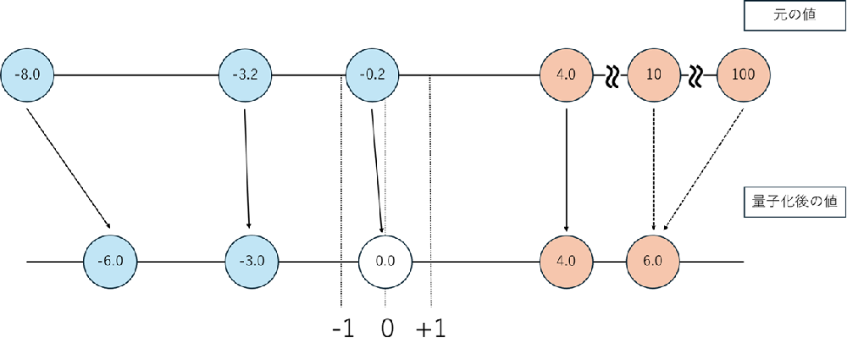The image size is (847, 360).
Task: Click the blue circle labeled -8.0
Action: pyautogui.click(x=28, y=75)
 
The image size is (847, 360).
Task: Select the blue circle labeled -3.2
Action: pyautogui.click(x=245, y=75)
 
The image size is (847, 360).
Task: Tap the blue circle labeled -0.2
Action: pyautogui.click(x=373, y=75)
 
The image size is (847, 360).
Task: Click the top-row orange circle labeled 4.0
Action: pyautogui.click(x=566, y=75)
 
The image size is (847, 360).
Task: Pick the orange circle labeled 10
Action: pyautogui.click(x=653, y=75)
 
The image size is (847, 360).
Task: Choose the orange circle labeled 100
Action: pyautogui.click(x=743, y=75)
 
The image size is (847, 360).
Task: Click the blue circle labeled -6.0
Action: pyautogui.click(x=110, y=260)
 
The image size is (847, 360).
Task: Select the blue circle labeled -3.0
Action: pyautogui.click(x=252, y=260)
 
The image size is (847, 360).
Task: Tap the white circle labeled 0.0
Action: pyautogui.click(x=385, y=260)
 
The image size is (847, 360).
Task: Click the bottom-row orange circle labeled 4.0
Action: pyautogui.click(x=566, y=260)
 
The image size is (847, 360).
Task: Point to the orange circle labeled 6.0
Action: pyautogui.click(x=653, y=260)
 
